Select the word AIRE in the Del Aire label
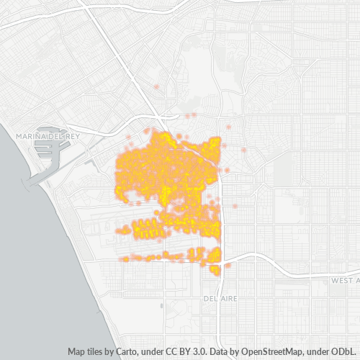tap(226, 297)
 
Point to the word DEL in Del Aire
tap(210, 297)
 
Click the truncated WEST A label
tap(345, 279)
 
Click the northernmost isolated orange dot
tap(156, 86)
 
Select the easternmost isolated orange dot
tap(244, 150)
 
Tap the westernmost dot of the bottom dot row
tap(124, 258)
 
